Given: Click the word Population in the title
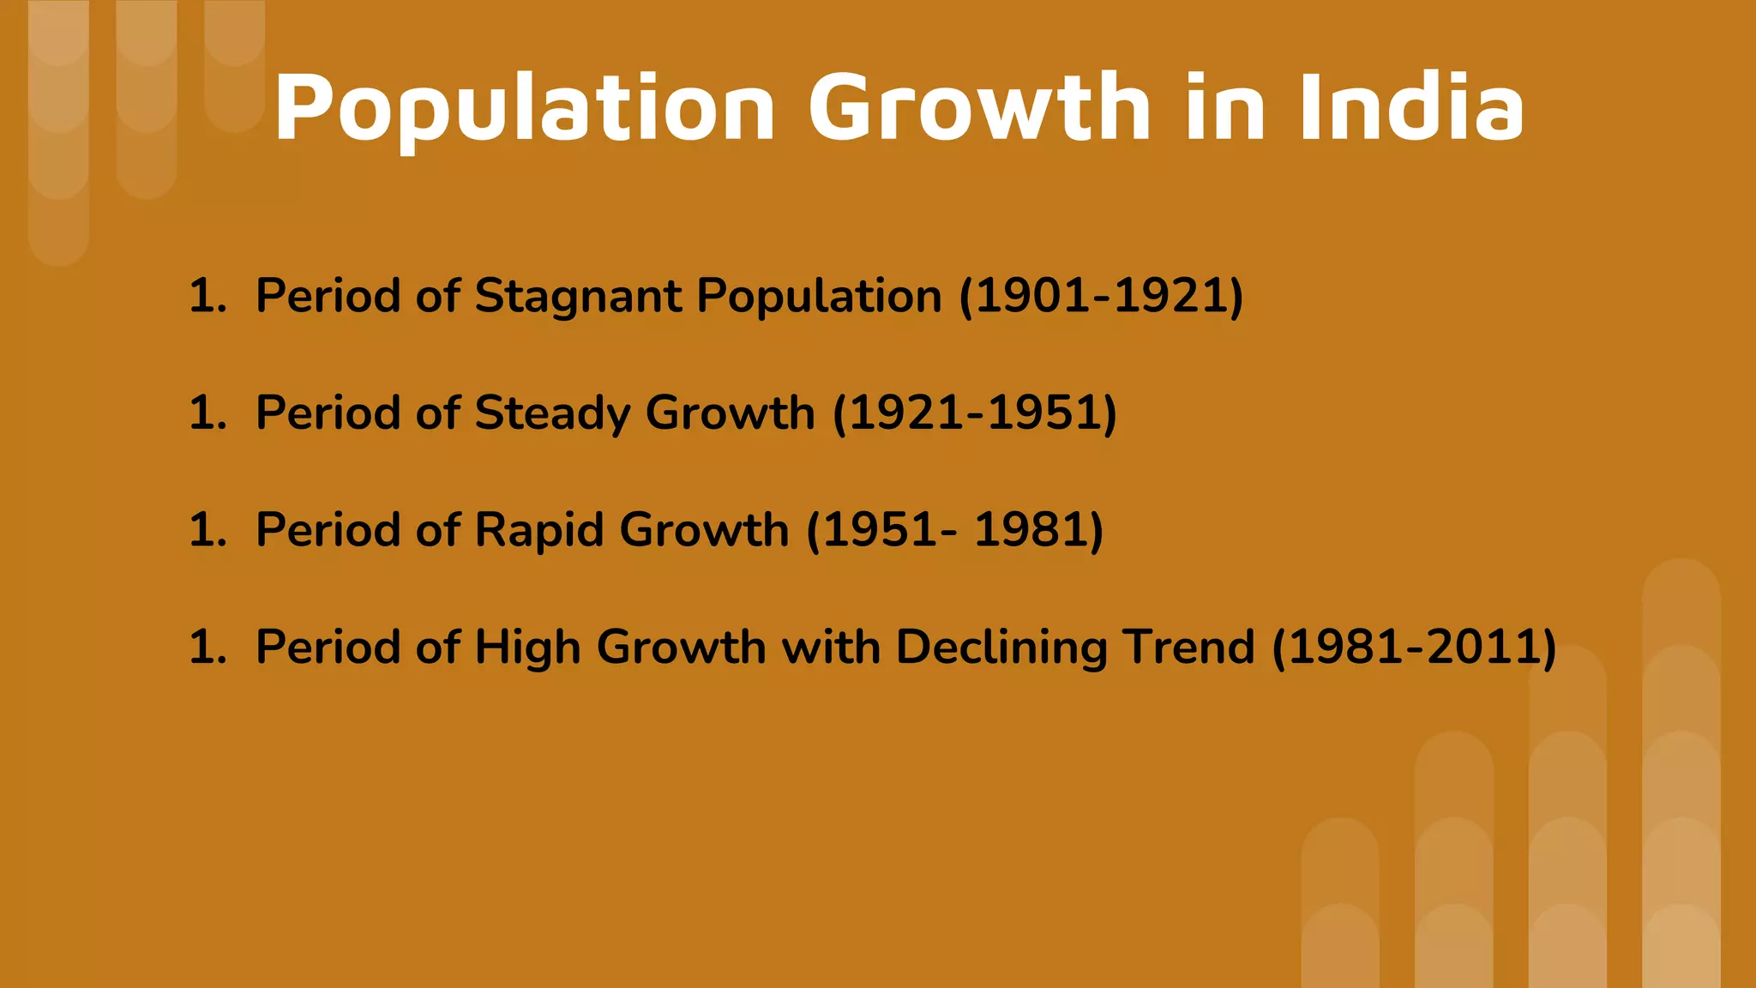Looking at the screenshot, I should pyautogui.click(x=525, y=109).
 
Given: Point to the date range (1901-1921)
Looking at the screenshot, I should pyautogui.click(x=1101, y=297).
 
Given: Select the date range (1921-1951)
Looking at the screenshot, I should pyautogui.click(x=975, y=413).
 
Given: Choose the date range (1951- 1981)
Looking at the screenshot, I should pyautogui.click(x=954, y=530).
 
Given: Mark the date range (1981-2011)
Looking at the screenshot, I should pyautogui.click(x=1414, y=648).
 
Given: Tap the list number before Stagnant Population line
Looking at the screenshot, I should pyautogui.click(x=207, y=297).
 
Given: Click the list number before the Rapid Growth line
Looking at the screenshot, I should pyautogui.click(x=207, y=530).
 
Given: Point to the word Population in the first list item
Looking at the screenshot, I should pyautogui.click(x=819, y=297).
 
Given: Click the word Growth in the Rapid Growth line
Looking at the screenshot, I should pyautogui.click(x=703, y=530).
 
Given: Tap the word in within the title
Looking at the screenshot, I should pyautogui.click(x=1225, y=109).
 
